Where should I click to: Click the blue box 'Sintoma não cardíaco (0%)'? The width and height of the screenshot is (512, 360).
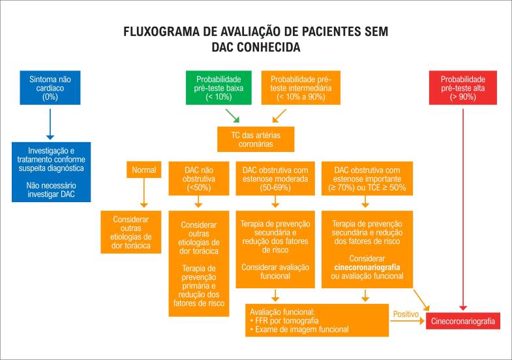pyautogui.click(x=50, y=87)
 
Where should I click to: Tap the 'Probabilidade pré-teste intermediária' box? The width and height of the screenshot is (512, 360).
pyautogui.click(x=301, y=87)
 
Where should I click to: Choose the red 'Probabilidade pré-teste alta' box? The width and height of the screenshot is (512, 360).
pyautogui.click(x=462, y=87)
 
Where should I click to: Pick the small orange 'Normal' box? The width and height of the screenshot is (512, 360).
pyautogui.click(x=144, y=170)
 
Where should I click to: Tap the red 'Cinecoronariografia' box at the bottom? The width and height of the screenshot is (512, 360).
pyautogui.click(x=464, y=321)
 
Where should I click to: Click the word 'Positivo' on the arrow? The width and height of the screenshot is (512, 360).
pyautogui.click(x=406, y=314)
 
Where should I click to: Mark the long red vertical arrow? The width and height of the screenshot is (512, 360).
pyautogui.click(x=462, y=209)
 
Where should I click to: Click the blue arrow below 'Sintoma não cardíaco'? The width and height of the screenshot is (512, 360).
pyautogui.click(x=50, y=121)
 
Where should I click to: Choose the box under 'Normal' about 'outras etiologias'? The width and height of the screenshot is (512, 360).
pyautogui.click(x=131, y=231)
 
